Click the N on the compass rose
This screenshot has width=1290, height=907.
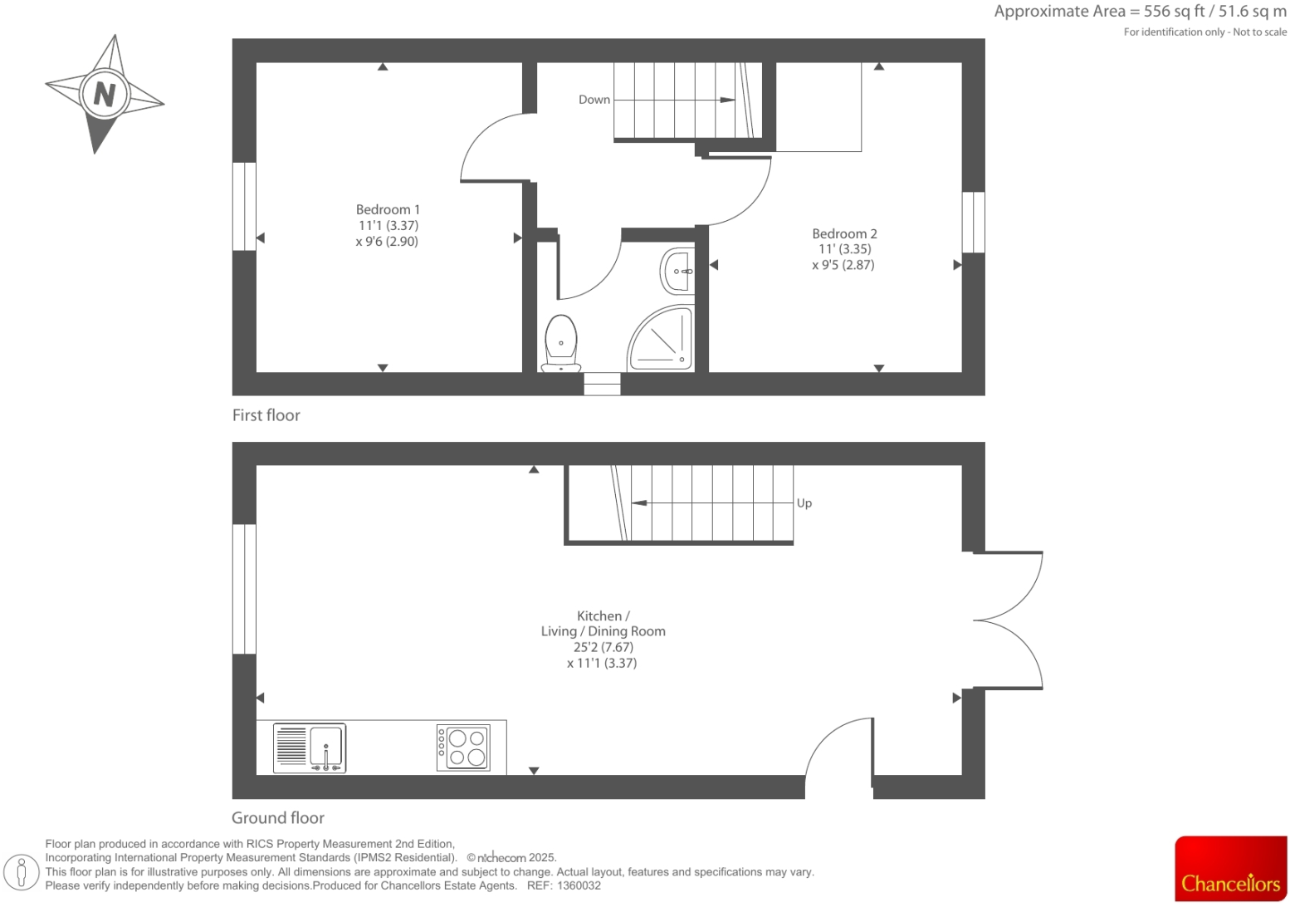[105, 94]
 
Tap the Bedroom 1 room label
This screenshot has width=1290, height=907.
[388, 209]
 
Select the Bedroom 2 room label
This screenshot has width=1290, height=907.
[844, 233]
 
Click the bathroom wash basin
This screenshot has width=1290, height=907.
[678, 271]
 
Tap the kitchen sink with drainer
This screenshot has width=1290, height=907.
[310, 748]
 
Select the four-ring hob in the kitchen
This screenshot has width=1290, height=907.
[463, 748]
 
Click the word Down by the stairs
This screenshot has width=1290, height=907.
[594, 100]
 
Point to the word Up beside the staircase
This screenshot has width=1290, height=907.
[804, 503]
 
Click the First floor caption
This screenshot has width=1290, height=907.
[266, 415]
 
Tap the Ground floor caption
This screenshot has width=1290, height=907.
[278, 818]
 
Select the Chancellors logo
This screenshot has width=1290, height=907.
[1230, 869]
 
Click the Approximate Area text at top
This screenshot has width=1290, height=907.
[1140, 12]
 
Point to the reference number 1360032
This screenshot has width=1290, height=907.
[579, 885]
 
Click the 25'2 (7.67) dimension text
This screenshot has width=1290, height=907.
[603, 647]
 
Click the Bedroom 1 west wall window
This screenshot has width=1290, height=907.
[244, 206]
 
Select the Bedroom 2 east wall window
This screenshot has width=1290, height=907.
[974, 222]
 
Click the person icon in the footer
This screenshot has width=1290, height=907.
[22, 872]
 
